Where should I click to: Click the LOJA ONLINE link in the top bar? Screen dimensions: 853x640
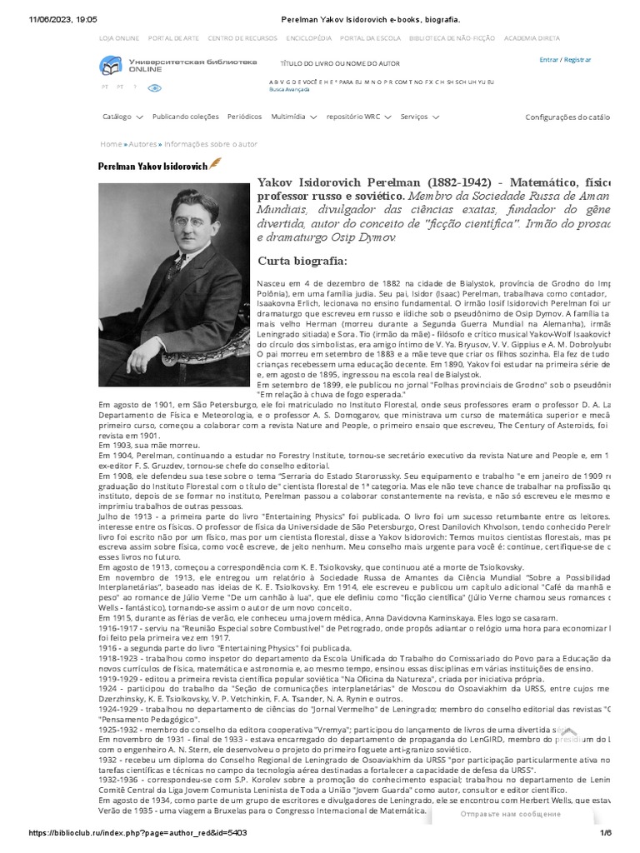tap(119, 38)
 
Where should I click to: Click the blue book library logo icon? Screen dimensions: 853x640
tap(109, 66)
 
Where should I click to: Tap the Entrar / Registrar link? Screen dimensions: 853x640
tap(565, 60)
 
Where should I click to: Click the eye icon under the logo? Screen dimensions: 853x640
tap(155, 87)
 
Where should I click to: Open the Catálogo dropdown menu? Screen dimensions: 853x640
tap(122, 117)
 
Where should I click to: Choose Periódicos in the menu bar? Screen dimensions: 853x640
tap(244, 117)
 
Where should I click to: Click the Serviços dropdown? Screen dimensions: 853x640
tap(418, 117)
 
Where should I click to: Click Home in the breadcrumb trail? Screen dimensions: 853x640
tap(110, 144)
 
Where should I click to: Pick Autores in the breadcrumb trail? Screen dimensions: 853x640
tap(142, 144)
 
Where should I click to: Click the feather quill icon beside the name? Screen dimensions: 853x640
tap(215, 162)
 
